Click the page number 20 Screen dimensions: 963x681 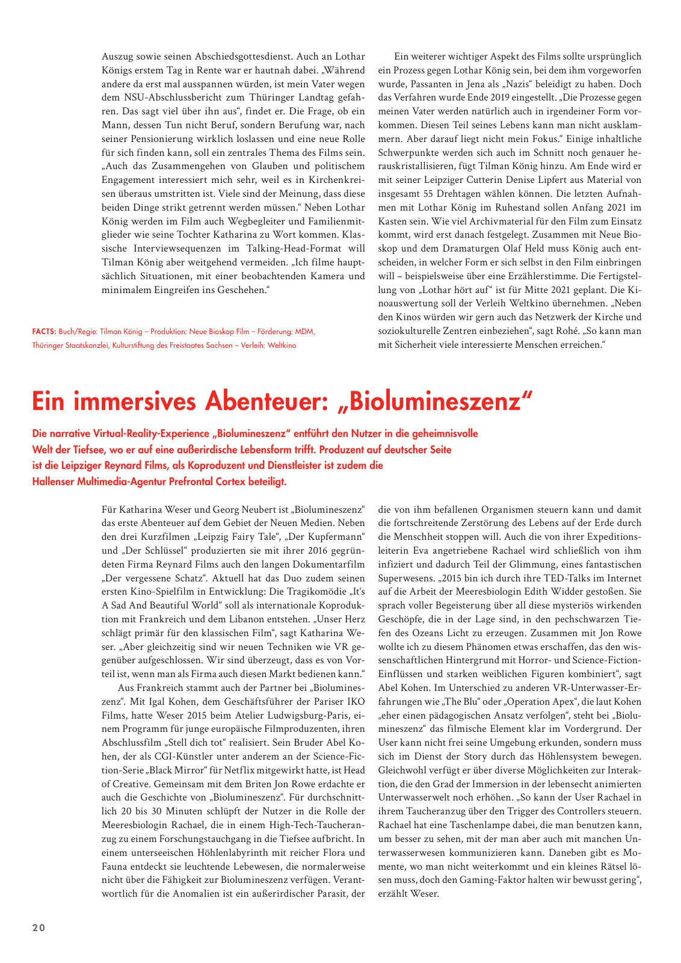[x=39, y=927]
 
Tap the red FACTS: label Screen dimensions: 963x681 [x=44, y=332]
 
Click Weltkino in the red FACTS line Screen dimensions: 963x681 [x=282, y=345]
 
